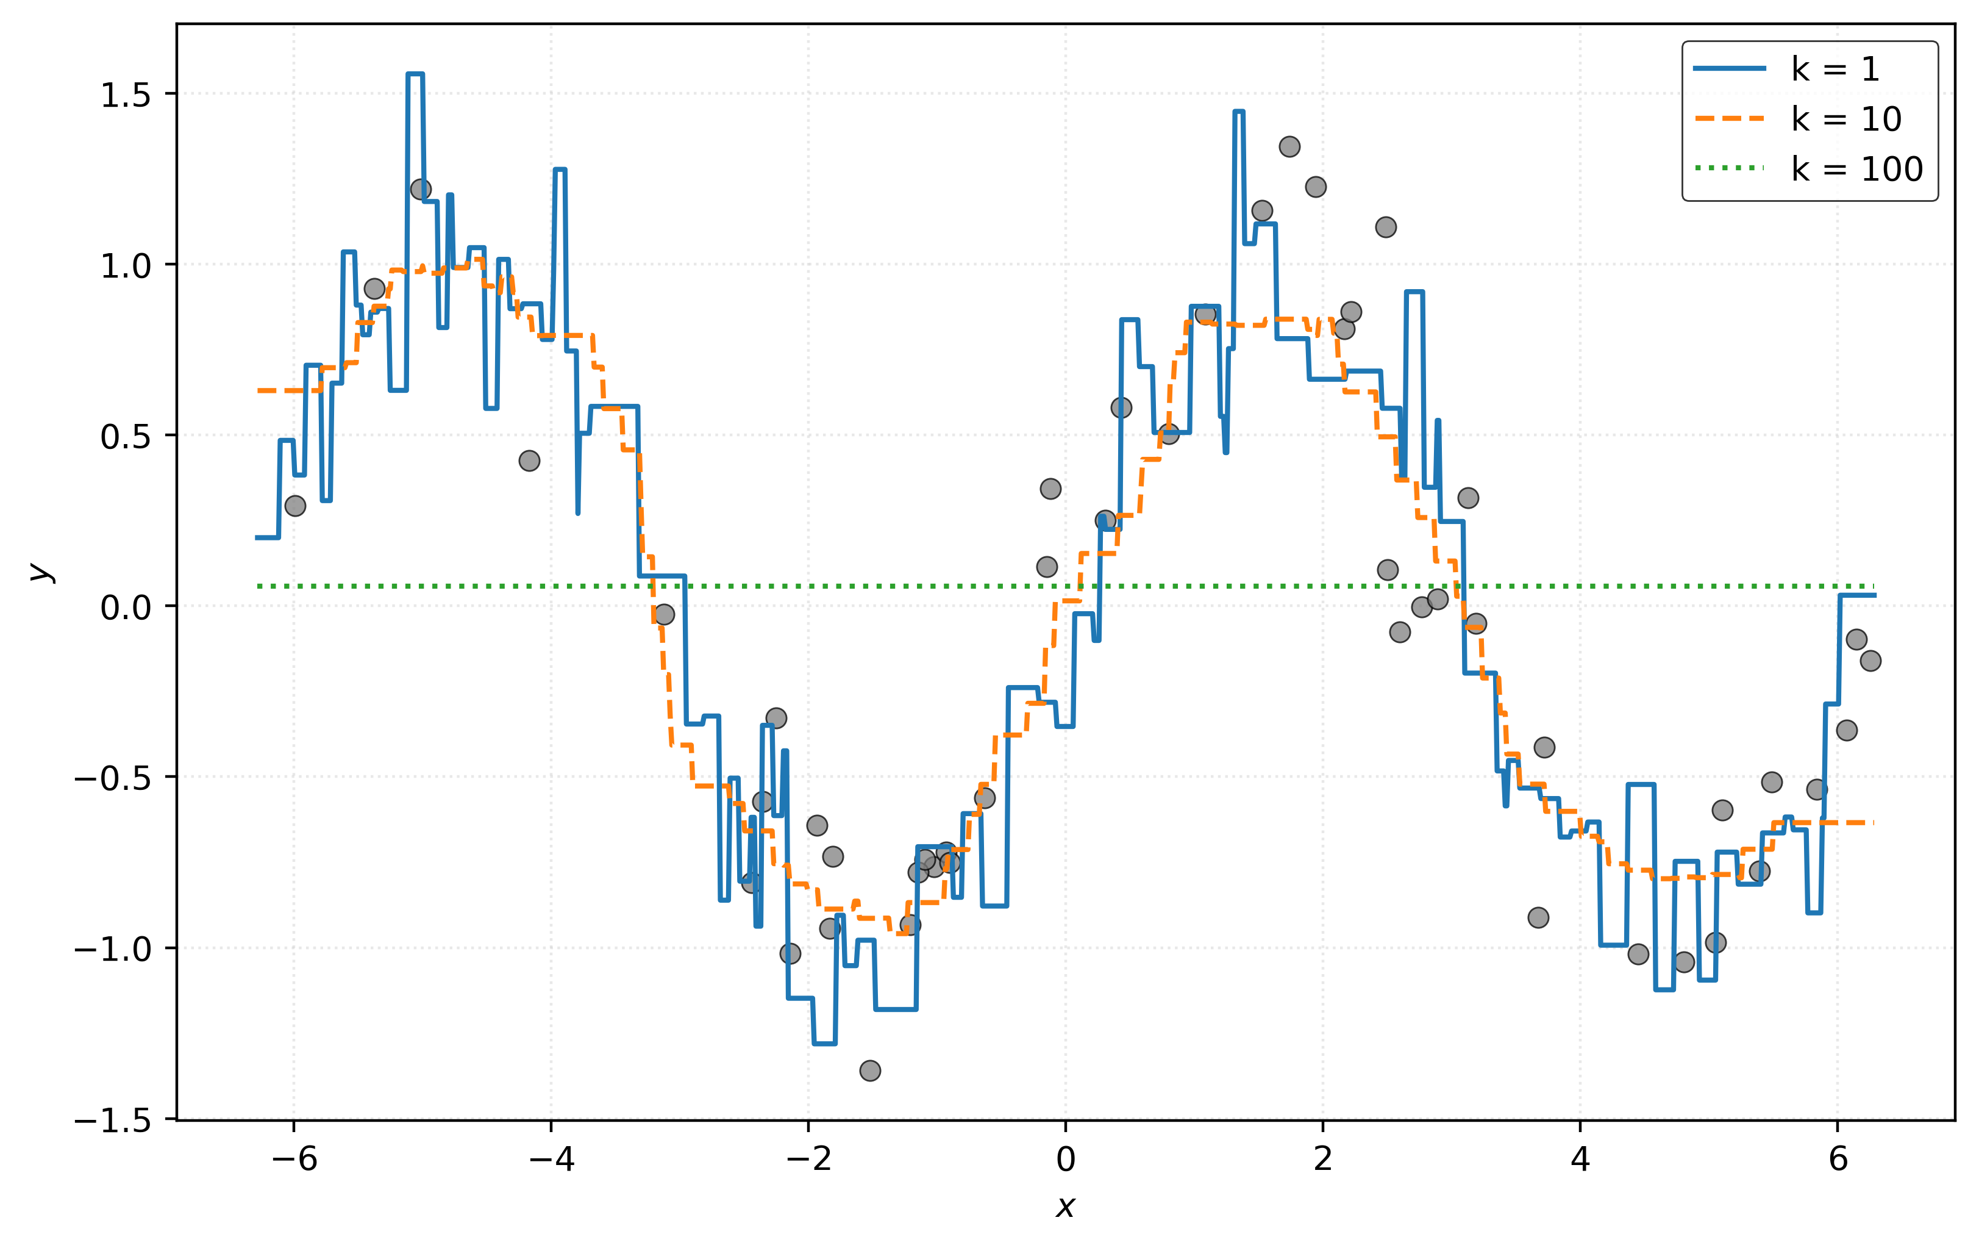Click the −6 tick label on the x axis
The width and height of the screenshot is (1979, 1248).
pyautogui.click(x=293, y=1159)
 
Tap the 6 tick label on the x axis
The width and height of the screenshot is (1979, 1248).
pyautogui.click(x=1838, y=1159)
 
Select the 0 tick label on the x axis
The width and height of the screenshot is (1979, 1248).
pyautogui.click(x=1065, y=1159)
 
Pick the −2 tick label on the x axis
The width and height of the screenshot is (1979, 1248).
pyautogui.click(x=808, y=1159)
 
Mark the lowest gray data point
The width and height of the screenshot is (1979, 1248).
pyautogui.click(x=871, y=1070)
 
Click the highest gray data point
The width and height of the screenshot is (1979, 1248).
pyautogui.click(x=1289, y=146)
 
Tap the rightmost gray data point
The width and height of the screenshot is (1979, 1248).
pyautogui.click(x=1870, y=660)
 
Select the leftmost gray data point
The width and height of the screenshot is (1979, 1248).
pyautogui.click(x=295, y=506)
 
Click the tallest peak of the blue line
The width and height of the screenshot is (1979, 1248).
pyautogui.click(x=415, y=74)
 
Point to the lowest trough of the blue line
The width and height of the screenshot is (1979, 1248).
pyautogui.click(x=824, y=1043)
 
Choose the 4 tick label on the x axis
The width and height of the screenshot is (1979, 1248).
pyautogui.click(x=1580, y=1159)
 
